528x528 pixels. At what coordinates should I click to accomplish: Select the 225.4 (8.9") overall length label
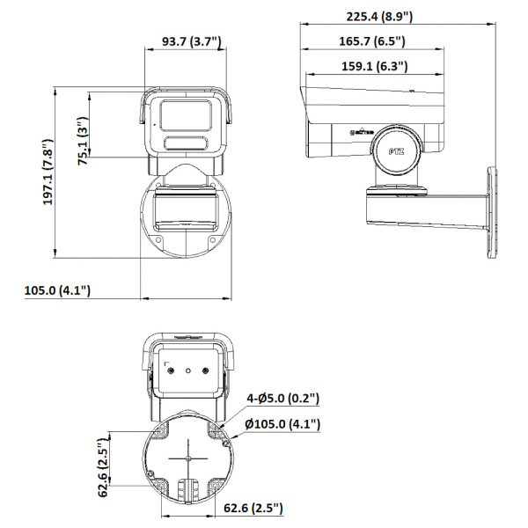[x=378, y=16]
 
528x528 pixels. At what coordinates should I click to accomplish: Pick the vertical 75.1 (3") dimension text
[x=83, y=142]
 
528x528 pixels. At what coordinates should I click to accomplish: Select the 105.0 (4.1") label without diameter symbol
[x=57, y=290]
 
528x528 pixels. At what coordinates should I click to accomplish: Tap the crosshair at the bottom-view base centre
[x=188, y=458]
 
